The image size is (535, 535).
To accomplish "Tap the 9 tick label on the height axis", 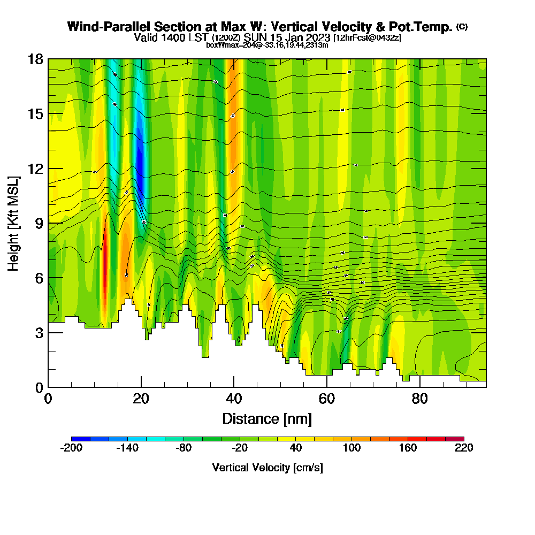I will click(x=39, y=223).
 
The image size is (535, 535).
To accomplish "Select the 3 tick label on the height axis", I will click(x=39, y=333).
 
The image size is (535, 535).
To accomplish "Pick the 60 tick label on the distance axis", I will click(x=327, y=399).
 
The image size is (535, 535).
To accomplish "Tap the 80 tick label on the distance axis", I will click(x=420, y=399).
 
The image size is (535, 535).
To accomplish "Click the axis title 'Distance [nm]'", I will click(x=267, y=418).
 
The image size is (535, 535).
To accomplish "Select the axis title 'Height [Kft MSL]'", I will click(x=14, y=223).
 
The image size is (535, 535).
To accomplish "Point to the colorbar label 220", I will click(x=464, y=448).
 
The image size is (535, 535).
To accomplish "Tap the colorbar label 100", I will click(x=351, y=448).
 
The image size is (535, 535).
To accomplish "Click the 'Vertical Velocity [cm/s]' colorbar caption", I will click(x=267, y=468).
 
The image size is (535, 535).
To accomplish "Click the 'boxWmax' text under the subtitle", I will click(x=219, y=45).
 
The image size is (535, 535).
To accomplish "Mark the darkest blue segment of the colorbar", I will click(x=81, y=439).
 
